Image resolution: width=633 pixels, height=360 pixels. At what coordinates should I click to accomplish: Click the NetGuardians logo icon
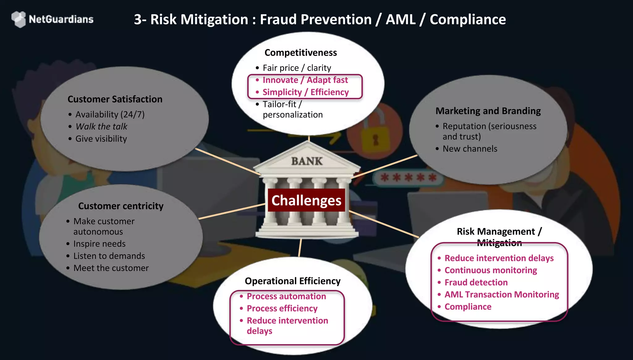click(x=19, y=19)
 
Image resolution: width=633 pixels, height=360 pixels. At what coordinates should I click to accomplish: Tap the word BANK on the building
click(x=307, y=161)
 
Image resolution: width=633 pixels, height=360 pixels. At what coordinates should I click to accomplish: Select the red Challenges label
click(x=306, y=200)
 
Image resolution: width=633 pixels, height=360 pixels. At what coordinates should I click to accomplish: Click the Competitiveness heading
click(x=300, y=53)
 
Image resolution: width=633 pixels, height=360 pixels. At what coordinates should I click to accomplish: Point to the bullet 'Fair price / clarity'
click(x=297, y=68)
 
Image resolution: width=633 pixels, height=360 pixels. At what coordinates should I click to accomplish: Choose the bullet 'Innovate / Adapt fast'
click(x=305, y=80)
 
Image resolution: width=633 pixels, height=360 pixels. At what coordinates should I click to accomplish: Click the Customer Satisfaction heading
click(x=115, y=99)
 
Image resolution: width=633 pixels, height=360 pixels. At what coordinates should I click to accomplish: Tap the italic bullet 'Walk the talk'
click(x=101, y=126)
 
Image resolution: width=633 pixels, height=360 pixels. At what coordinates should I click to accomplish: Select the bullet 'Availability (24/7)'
click(x=110, y=114)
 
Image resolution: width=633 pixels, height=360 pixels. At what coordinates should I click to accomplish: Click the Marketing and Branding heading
click(x=488, y=111)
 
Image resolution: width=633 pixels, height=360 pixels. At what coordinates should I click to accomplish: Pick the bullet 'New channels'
click(x=470, y=149)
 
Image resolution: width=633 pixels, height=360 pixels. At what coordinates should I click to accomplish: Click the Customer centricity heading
click(x=121, y=206)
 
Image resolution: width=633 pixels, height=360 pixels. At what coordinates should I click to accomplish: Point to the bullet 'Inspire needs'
click(x=99, y=244)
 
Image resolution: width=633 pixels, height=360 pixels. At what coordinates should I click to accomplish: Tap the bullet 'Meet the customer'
click(x=111, y=268)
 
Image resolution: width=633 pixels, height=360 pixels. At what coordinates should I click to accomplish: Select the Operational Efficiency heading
click(x=292, y=281)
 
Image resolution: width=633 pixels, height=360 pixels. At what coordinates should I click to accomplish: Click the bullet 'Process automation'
click(x=286, y=296)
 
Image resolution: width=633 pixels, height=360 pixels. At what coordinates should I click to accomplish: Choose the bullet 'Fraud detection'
click(x=476, y=282)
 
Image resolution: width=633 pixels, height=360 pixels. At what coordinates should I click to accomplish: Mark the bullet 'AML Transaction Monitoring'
click(x=502, y=294)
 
